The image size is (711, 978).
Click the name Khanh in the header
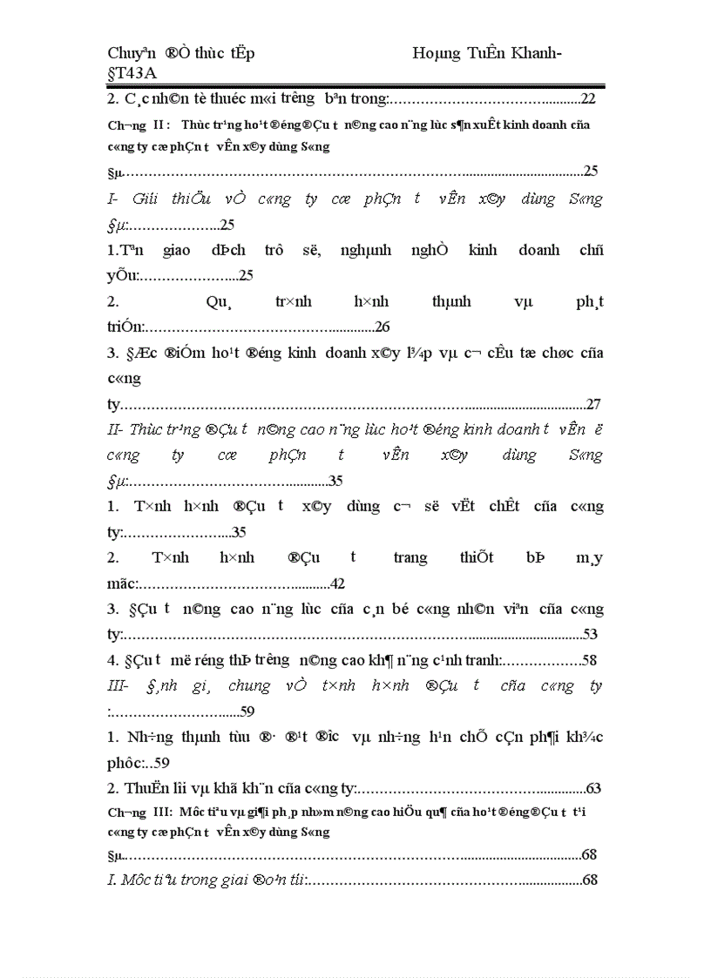pos(533,53)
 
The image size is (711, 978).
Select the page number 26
pos(383,327)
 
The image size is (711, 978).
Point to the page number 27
pos(593,404)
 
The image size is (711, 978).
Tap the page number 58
pos(589,660)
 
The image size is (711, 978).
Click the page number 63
pos(593,788)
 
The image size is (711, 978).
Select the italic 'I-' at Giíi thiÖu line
pos(113,199)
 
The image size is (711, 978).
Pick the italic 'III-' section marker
pos(118,685)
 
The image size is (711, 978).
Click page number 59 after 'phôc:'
pos(161,762)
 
